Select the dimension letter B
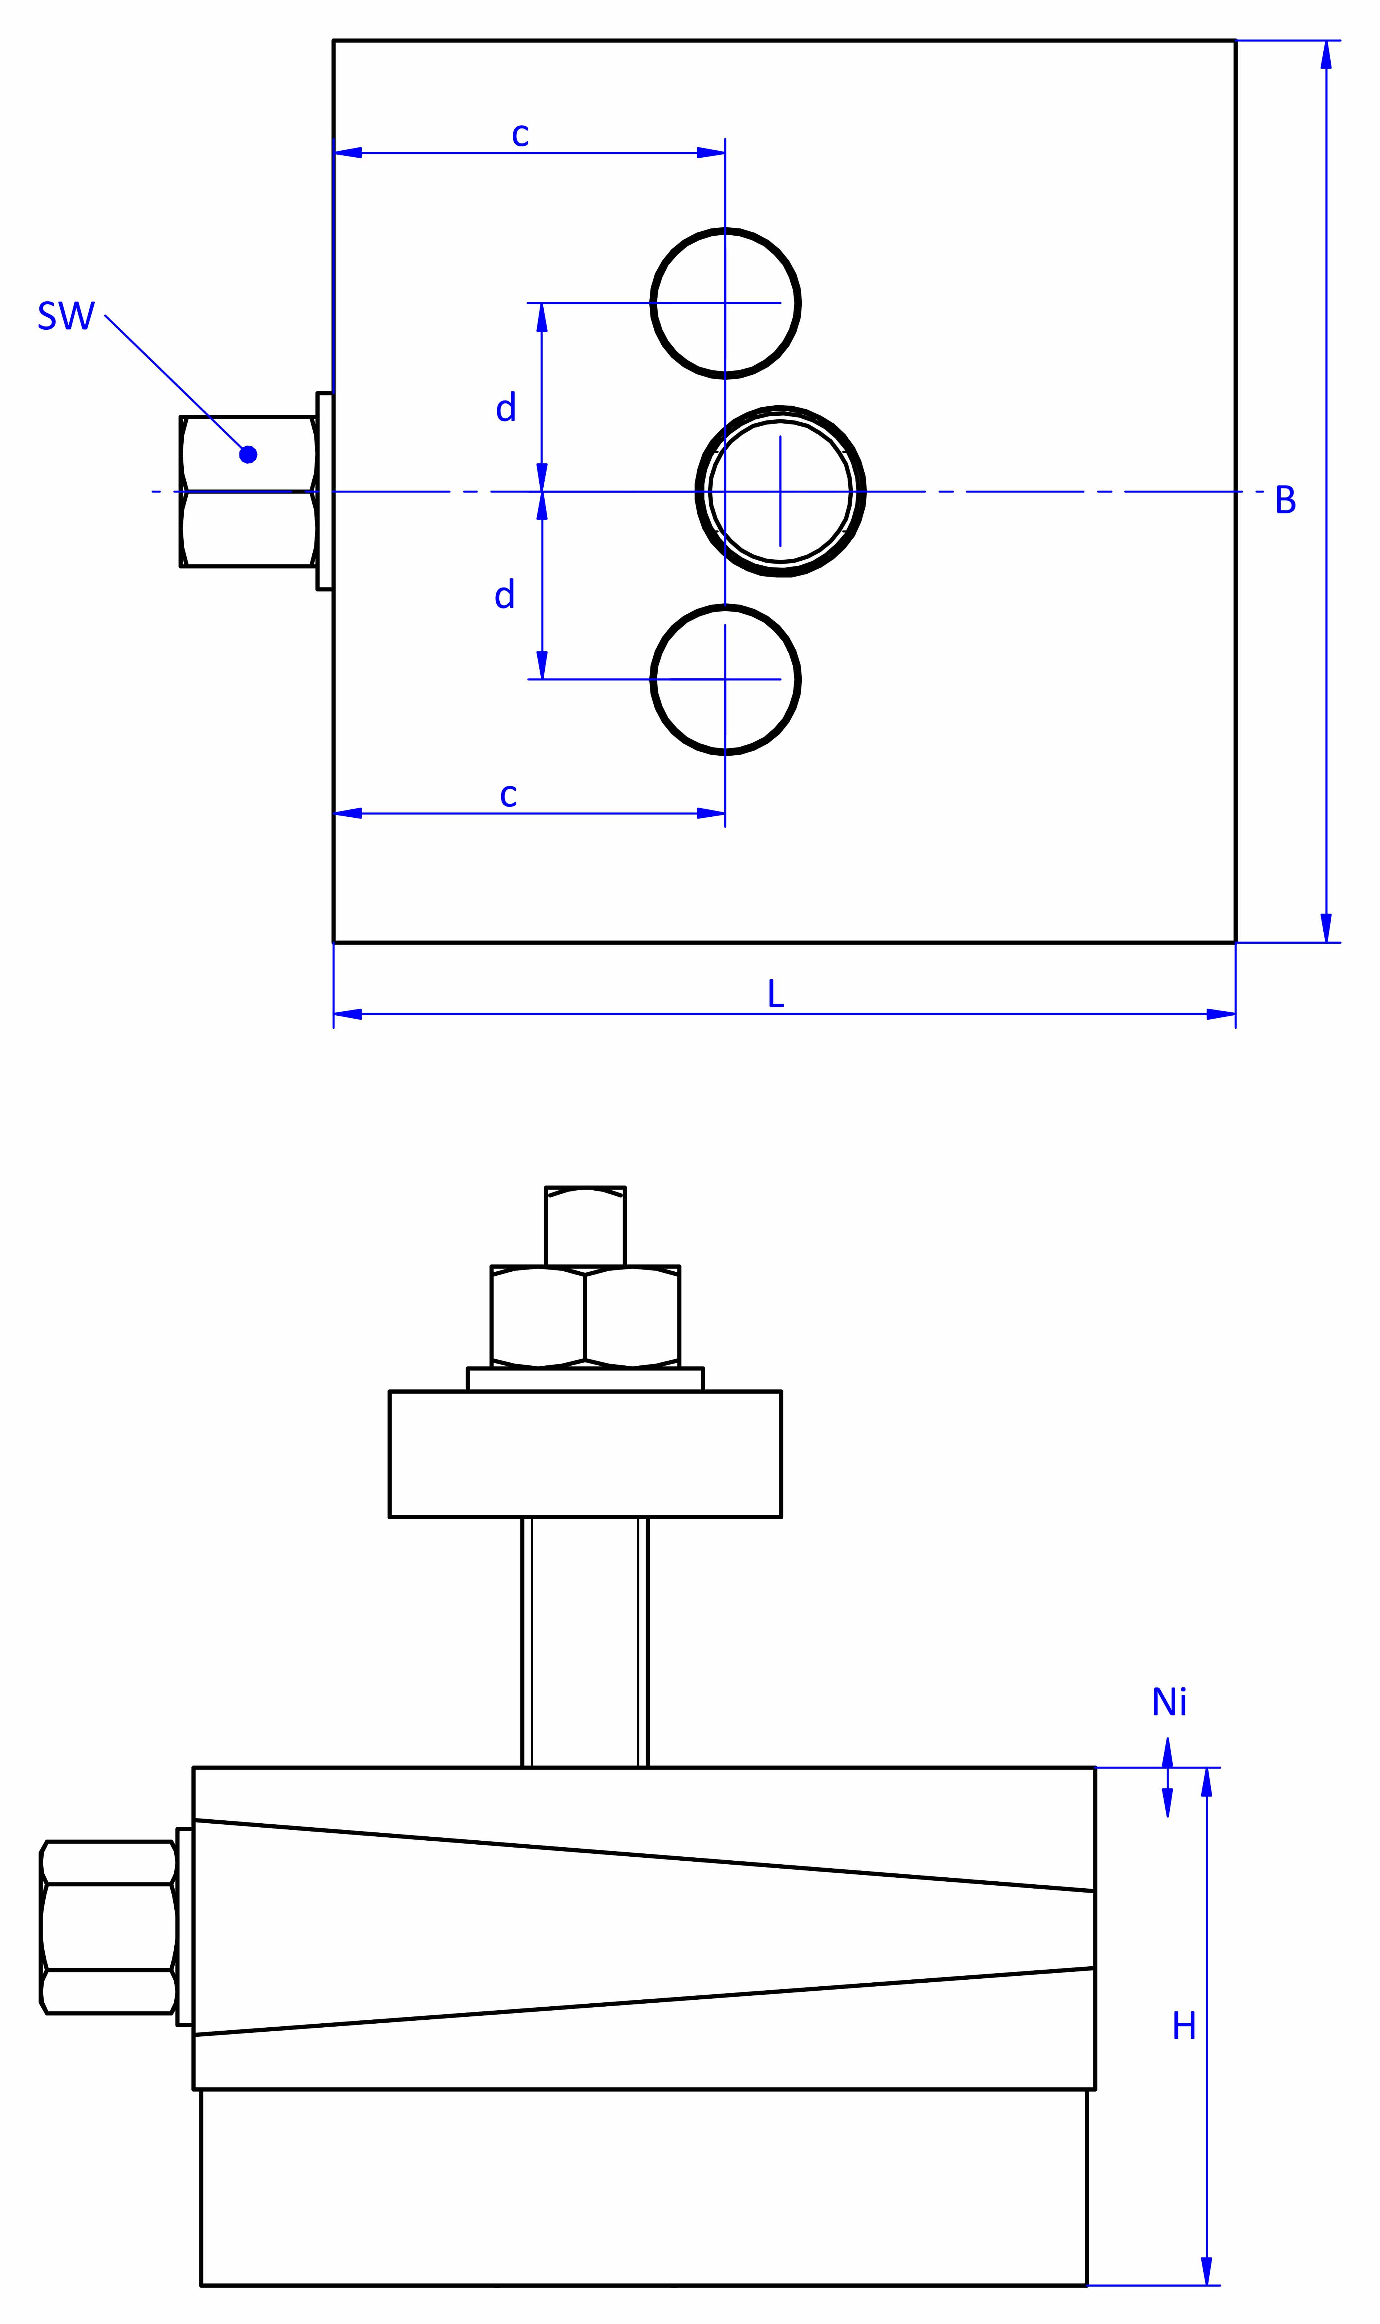click(1285, 500)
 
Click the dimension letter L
click(776, 994)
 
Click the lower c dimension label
click(508, 796)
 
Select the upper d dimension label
click(506, 407)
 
